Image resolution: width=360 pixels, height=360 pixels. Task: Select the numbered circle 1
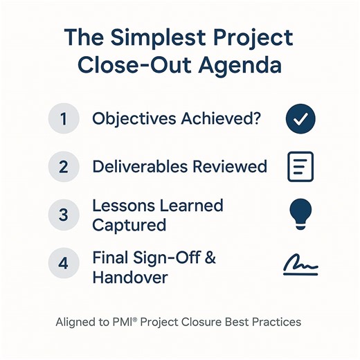[x=64, y=119]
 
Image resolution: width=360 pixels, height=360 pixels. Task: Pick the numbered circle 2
[x=64, y=166]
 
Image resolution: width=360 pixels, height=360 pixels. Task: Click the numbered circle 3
[x=64, y=215]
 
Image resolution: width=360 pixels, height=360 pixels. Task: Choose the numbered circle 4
[x=64, y=264]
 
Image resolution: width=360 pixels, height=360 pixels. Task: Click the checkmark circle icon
[x=300, y=119]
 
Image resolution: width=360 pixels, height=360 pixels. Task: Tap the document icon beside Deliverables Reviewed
[x=300, y=166]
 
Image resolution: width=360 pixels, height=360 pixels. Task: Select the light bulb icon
[x=300, y=214]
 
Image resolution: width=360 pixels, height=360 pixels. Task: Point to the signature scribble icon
[x=300, y=265]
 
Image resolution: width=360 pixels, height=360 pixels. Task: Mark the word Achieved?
[x=220, y=118]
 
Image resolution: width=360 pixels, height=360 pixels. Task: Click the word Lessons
[x=122, y=206]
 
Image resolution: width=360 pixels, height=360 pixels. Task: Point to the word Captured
[x=129, y=225]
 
